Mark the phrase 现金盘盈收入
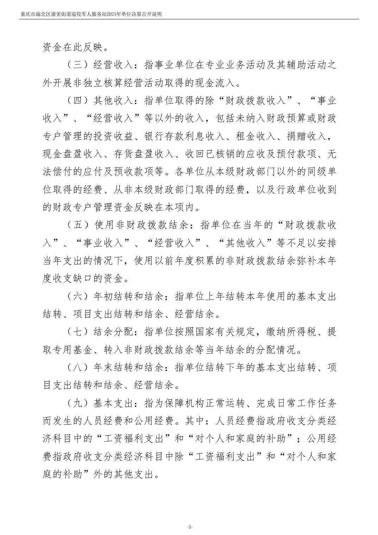(73, 154)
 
